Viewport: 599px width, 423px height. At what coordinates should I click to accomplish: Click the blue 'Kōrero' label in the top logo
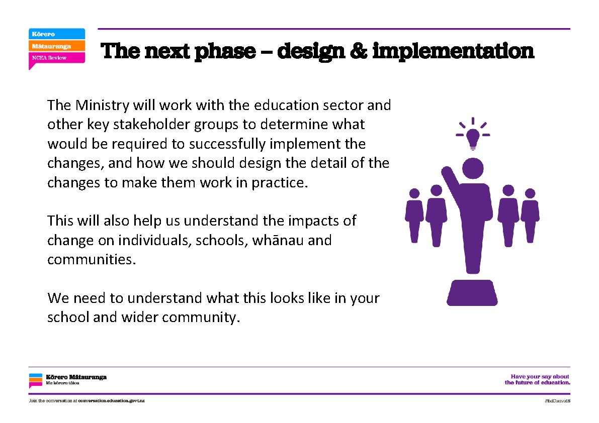(x=56, y=34)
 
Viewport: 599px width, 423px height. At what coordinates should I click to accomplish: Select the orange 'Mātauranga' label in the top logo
(x=56, y=46)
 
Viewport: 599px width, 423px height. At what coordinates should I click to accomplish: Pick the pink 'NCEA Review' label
(x=56, y=58)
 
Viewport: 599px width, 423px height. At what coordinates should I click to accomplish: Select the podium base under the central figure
(x=472, y=293)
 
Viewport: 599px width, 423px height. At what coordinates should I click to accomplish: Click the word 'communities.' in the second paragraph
(x=92, y=260)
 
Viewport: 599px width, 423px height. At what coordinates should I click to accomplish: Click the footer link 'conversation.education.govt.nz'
(x=111, y=401)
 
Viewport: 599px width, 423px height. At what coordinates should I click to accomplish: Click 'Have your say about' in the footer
(x=540, y=376)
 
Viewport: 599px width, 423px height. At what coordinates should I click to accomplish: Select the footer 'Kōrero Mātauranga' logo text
(x=76, y=377)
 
